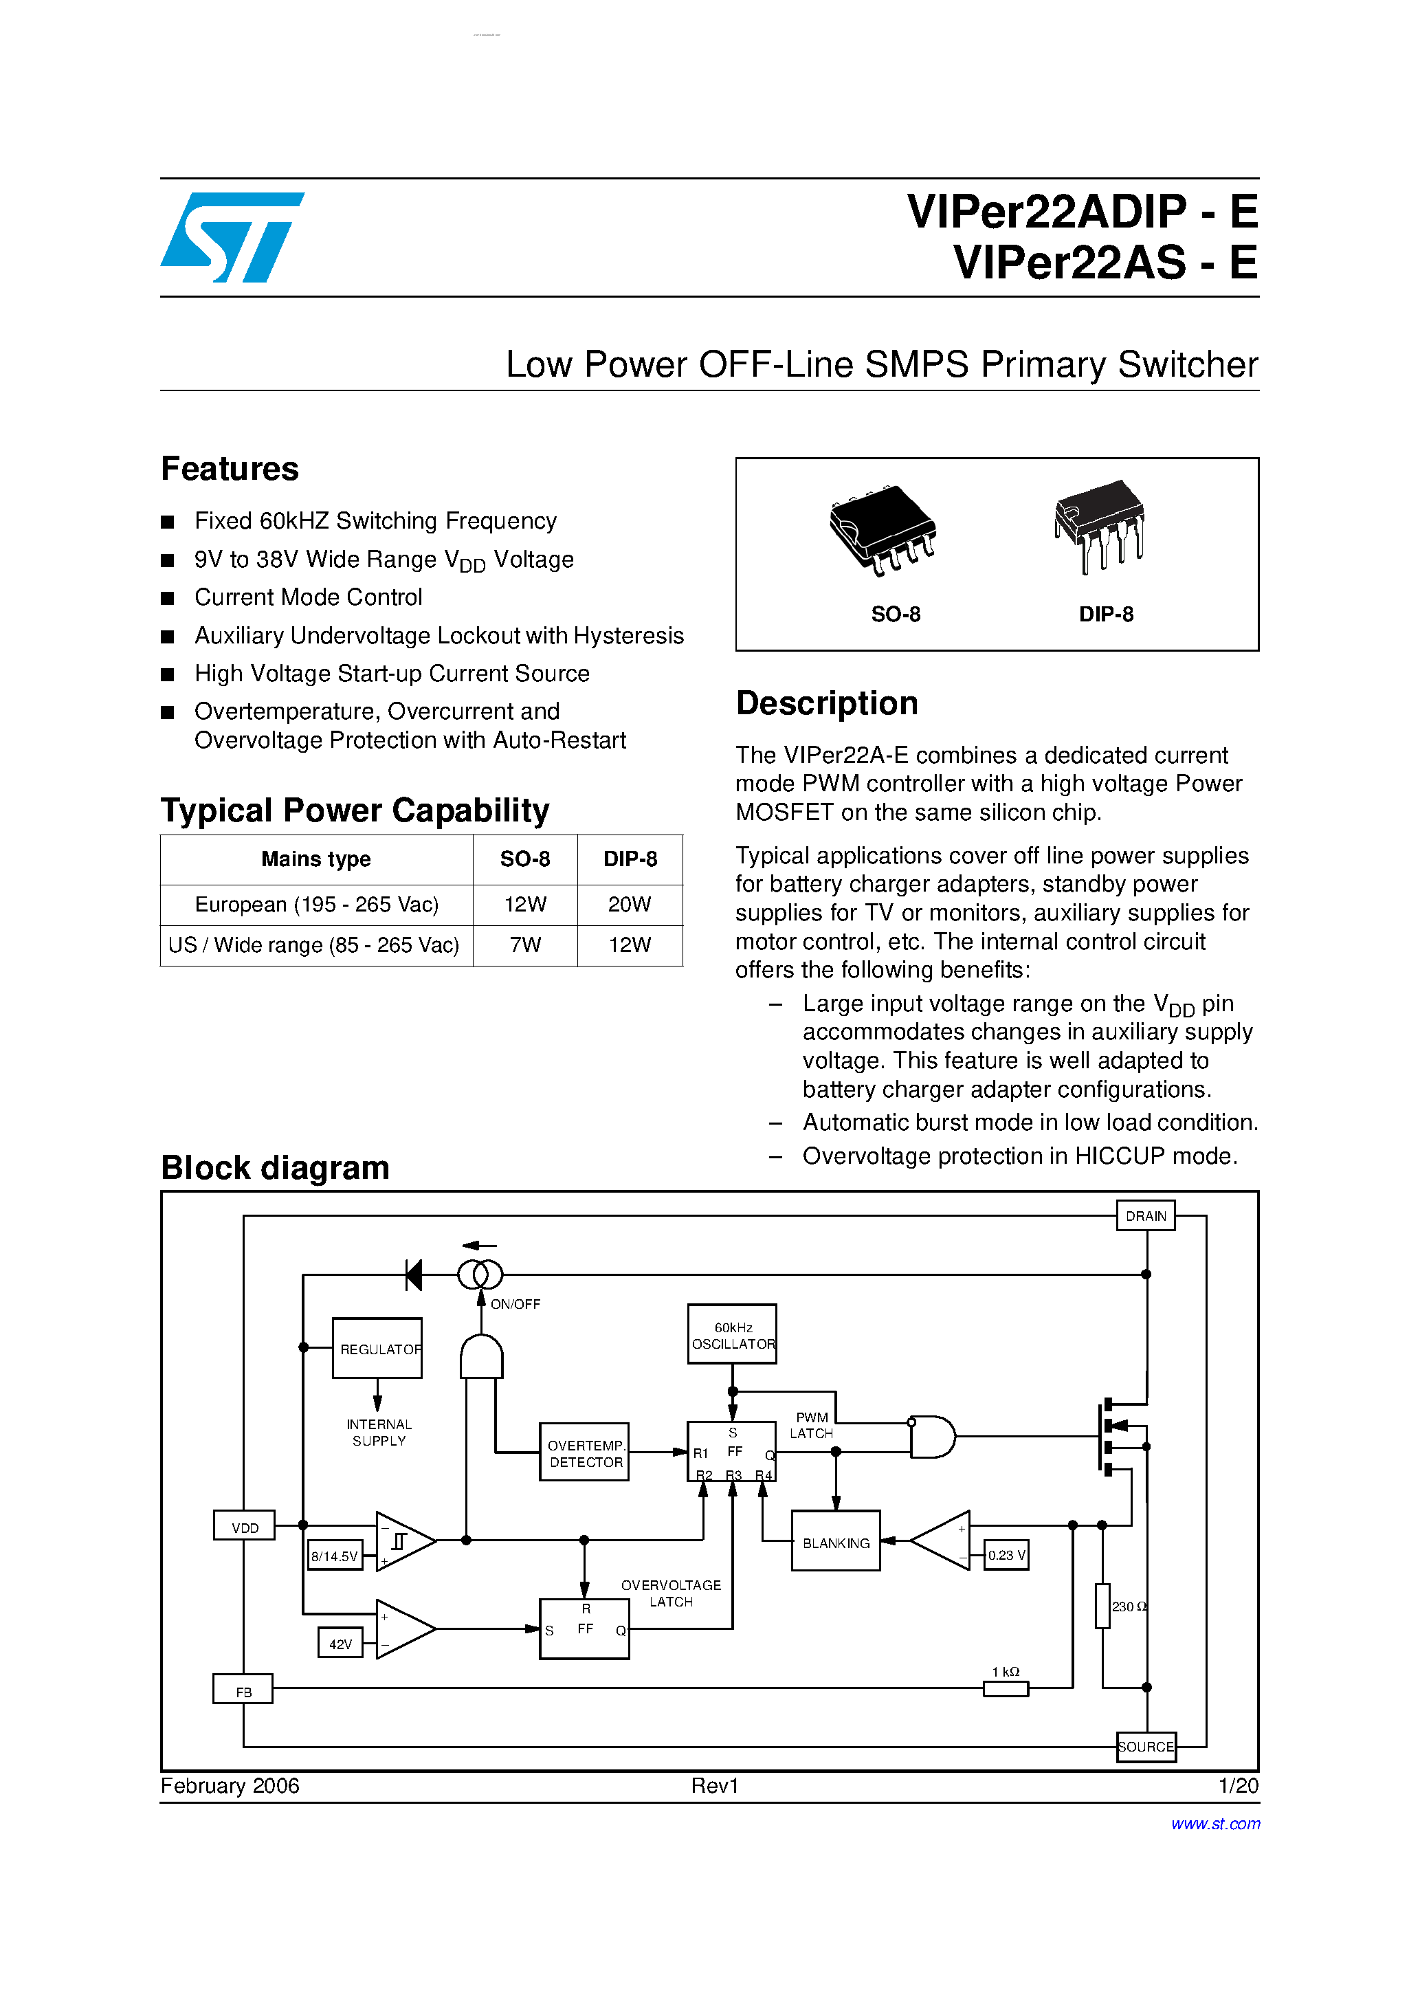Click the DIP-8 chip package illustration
tap(1100, 525)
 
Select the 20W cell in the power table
tap(630, 905)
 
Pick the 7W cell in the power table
tap(524, 945)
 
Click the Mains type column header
tap(316, 859)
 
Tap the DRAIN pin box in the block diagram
tap(1145, 1216)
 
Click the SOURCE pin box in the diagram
tap(1145, 1747)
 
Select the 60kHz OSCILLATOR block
tap(732, 1335)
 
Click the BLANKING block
tap(835, 1543)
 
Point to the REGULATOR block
tap(377, 1349)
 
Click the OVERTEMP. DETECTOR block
tap(584, 1453)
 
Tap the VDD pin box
tap(244, 1527)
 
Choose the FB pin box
tap(243, 1691)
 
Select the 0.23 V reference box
tap(1006, 1555)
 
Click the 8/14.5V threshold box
tap(335, 1556)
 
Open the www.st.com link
tap(1215, 1824)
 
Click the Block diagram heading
tap(275, 1168)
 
